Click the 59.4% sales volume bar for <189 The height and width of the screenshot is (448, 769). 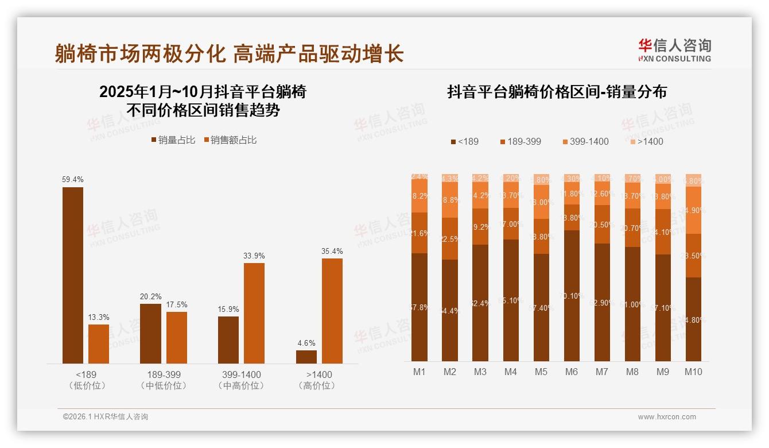(x=73, y=275)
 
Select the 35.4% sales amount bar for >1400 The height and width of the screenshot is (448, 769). (x=332, y=311)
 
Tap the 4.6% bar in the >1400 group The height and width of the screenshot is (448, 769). (x=306, y=357)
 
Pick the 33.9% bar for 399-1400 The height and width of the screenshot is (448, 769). (x=254, y=313)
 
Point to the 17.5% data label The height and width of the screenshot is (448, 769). (x=177, y=304)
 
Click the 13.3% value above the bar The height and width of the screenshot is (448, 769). (x=99, y=317)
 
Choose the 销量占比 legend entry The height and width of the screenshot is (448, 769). (x=173, y=140)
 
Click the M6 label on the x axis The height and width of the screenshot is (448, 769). (x=572, y=372)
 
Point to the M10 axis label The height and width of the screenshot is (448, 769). (x=693, y=372)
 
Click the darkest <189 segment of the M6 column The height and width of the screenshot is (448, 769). (x=572, y=295)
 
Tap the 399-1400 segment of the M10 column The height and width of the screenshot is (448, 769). (x=693, y=210)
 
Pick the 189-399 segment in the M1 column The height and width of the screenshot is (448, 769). (x=420, y=233)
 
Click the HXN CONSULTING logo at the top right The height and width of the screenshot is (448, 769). (x=674, y=51)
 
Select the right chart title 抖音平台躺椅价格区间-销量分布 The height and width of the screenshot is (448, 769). (x=557, y=92)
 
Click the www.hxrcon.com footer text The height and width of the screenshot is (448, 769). (x=667, y=417)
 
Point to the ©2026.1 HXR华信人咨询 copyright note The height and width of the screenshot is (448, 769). (x=106, y=417)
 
